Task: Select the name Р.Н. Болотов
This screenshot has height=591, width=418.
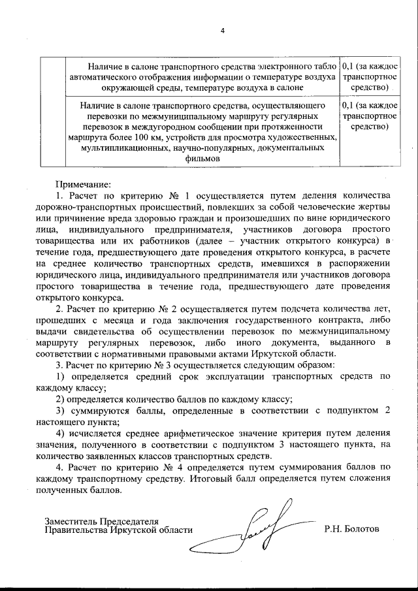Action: point(351,529)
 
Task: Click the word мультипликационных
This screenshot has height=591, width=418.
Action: point(121,148)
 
